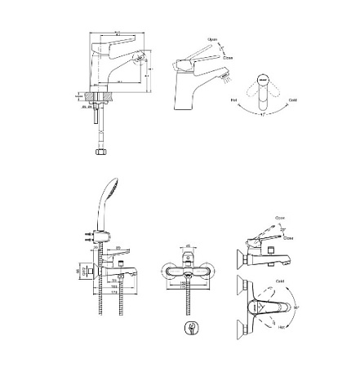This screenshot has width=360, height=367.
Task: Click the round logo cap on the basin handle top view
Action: click(263, 81)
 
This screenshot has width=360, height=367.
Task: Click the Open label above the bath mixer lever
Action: click(280, 219)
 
